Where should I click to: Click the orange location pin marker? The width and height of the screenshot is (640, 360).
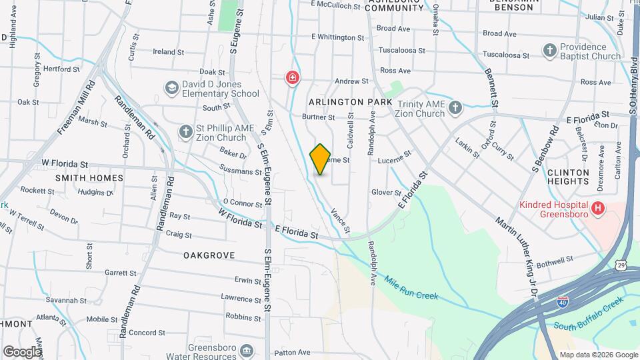(320, 159)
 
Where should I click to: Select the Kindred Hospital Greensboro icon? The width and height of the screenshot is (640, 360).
(598, 209)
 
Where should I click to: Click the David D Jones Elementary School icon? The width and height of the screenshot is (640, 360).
(172, 88)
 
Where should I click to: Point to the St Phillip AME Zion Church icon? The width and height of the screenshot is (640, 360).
(185, 131)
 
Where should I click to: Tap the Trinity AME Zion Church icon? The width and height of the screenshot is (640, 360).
(455, 108)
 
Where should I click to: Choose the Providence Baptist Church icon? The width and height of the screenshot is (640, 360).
(549, 51)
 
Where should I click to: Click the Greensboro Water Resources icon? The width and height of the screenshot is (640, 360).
(247, 351)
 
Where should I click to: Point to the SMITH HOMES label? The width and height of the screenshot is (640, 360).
(89, 178)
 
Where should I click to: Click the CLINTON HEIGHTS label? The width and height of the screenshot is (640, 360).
(568, 177)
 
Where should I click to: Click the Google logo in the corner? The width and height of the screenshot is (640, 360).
(21, 351)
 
